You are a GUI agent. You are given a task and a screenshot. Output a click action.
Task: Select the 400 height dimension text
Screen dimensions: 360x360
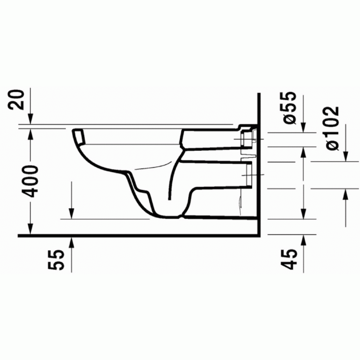click(32, 181)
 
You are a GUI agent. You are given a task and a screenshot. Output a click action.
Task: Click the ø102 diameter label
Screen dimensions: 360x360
click(332, 127)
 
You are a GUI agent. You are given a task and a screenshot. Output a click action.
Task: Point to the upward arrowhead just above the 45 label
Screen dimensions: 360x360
click(303, 239)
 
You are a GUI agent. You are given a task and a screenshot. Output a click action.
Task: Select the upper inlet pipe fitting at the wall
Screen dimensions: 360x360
click(248, 138)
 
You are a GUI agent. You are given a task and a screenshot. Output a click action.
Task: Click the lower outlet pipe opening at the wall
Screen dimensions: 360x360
click(248, 174)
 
